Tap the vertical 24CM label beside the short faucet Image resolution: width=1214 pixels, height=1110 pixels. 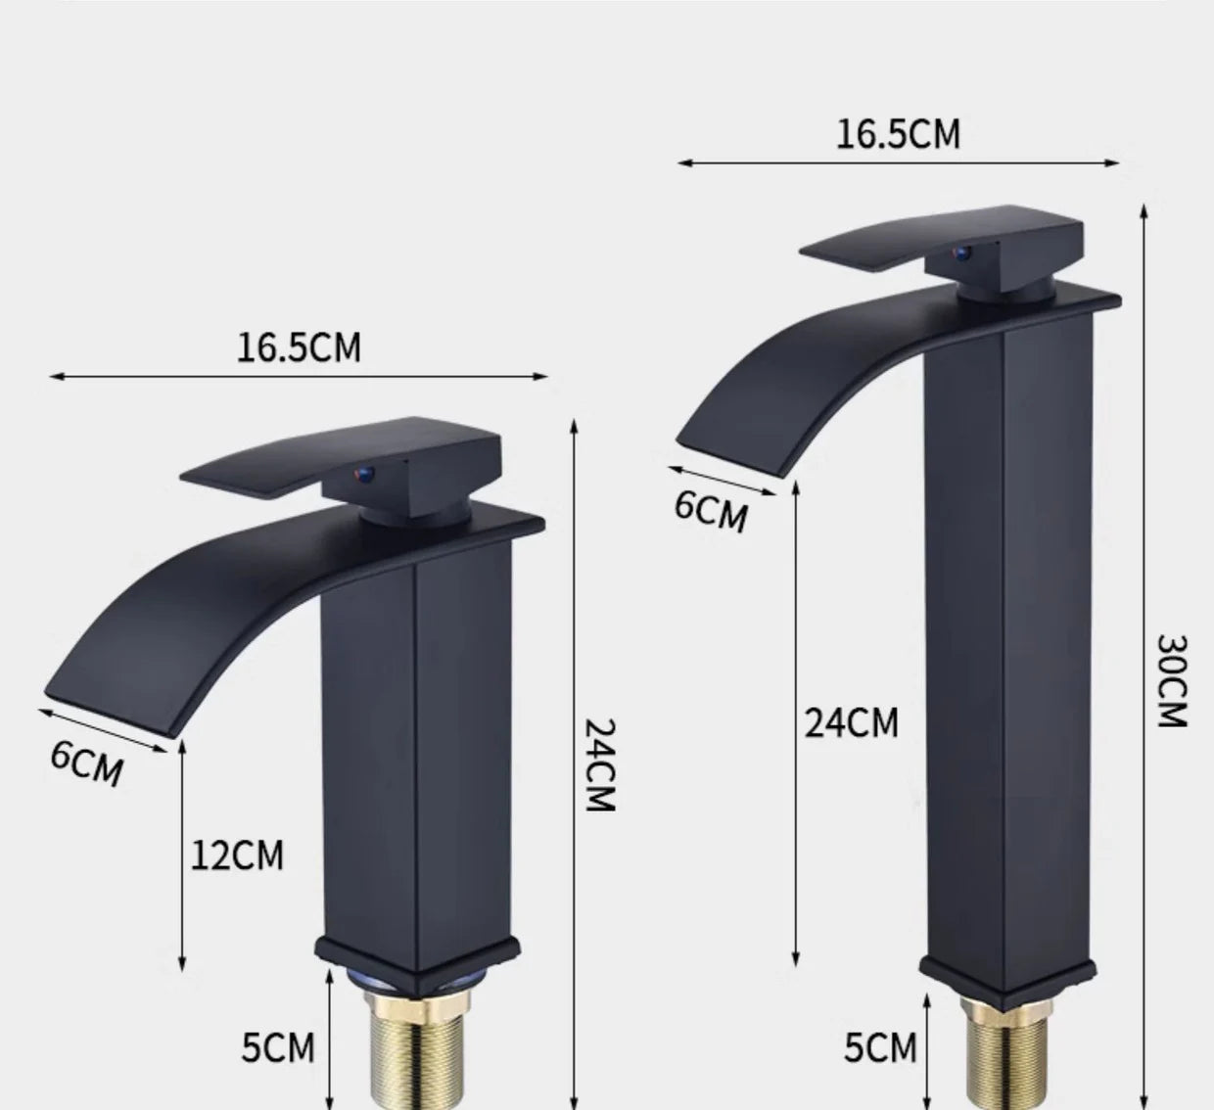[x=598, y=764]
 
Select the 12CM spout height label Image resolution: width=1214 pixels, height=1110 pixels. [x=237, y=855]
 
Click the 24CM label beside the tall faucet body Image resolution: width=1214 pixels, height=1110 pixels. [x=851, y=722]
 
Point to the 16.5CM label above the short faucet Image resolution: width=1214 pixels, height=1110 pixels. [x=298, y=347]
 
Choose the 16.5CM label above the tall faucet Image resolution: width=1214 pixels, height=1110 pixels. [x=898, y=134]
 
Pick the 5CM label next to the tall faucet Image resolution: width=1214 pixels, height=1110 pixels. [x=880, y=1047]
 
